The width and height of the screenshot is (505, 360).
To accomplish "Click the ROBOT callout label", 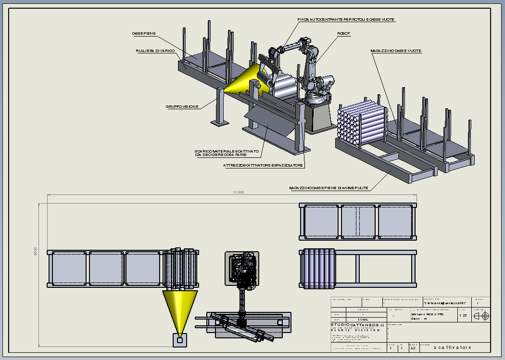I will (x=344, y=33).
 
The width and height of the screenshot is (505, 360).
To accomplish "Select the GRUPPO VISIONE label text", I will (x=182, y=106).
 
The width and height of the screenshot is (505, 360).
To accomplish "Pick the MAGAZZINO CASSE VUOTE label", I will (x=396, y=50).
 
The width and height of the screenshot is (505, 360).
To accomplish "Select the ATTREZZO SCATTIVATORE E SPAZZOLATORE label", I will (x=264, y=165).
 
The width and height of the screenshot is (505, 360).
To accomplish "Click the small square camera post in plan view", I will (x=180, y=340).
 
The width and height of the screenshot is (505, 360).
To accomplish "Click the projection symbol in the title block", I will (x=481, y=316).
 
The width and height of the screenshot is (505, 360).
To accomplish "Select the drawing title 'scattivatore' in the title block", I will (x=453, y=347).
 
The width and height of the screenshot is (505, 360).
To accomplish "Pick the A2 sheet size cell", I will (x=413, y=347).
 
